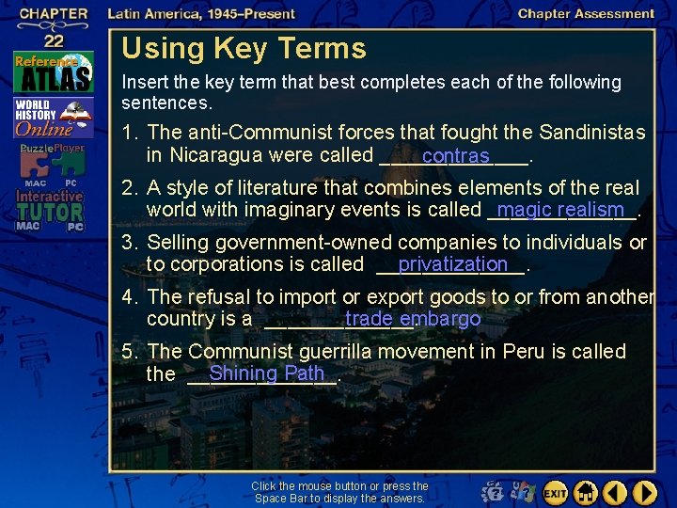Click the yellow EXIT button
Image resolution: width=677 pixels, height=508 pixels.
tap(555, 492)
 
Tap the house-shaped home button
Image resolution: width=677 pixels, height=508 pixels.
tap(585, 492)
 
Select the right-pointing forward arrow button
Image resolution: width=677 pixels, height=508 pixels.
tap(645, 492)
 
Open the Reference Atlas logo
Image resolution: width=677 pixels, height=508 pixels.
tap(53, 72)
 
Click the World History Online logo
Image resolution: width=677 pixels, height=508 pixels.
tap(52, 118)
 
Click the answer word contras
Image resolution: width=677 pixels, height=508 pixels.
tap(455, 155)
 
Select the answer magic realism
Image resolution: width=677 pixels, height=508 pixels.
tap(562, 209)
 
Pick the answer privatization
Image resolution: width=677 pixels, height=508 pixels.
tap(452, 264)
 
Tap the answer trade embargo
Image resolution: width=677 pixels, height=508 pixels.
tap(413, 319)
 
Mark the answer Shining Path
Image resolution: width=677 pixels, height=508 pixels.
tap(266, 373)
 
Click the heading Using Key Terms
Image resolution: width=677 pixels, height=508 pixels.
tap(244, 48)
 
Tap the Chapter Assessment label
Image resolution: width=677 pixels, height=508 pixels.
tap(586, 13)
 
